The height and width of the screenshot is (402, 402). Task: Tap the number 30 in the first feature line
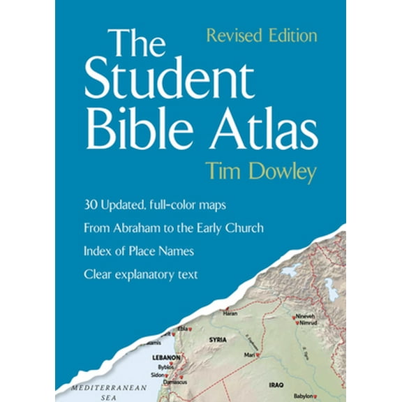pos(89,206)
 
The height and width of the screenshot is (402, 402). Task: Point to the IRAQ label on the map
pos(276,384)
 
